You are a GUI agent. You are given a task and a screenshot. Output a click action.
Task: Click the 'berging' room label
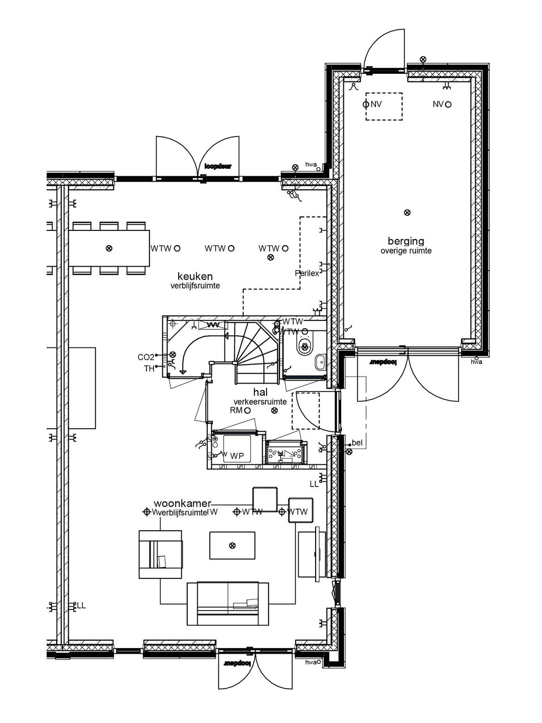405,241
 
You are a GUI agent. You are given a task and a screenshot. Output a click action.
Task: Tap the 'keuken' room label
195,276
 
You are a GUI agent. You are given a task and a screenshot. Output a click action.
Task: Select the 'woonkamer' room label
183,503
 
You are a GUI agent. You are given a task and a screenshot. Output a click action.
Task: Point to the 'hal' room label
259,392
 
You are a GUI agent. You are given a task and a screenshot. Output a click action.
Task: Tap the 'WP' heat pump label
237,456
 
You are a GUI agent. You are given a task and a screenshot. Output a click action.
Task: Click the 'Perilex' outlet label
307,273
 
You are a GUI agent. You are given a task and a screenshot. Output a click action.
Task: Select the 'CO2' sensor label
146,357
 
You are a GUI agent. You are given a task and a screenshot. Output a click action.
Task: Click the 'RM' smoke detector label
236,410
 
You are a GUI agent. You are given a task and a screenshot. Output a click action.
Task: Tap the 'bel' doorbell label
357,442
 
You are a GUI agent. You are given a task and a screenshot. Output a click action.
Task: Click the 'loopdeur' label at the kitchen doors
218,166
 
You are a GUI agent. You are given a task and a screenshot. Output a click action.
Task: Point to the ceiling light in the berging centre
407,212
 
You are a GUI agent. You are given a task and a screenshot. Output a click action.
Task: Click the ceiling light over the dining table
109,248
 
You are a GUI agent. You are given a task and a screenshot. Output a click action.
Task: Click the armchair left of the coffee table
161,555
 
